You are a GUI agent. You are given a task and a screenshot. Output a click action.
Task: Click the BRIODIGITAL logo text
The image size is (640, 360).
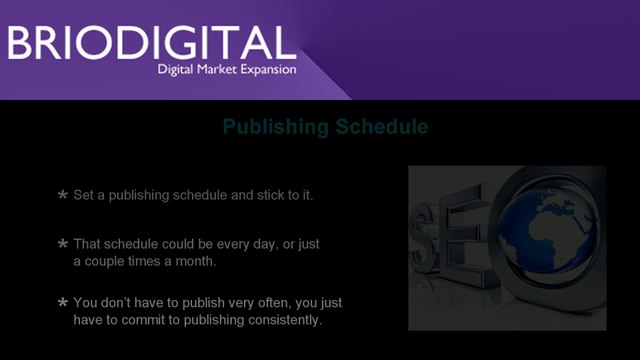152,42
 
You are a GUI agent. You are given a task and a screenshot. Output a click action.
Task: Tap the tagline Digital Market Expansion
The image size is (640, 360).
227,69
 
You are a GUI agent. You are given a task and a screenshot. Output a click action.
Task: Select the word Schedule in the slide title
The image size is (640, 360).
382,127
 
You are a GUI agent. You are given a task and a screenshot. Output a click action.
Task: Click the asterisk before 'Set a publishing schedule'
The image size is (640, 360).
62,194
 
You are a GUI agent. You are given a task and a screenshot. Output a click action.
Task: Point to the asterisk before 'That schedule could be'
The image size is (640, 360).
62,244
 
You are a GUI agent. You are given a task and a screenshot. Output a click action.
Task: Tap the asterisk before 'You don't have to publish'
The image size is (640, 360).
62,302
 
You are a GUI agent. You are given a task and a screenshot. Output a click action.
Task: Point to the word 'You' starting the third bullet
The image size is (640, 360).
85,303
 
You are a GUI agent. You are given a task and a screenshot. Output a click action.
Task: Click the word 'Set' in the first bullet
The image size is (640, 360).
83,195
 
